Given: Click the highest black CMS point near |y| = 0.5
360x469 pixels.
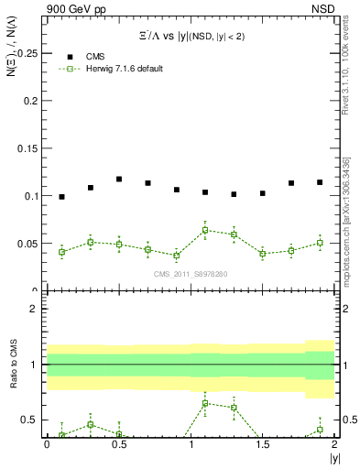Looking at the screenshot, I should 119,180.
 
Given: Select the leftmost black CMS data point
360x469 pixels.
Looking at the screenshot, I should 61,197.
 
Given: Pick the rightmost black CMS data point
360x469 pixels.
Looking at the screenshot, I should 320,182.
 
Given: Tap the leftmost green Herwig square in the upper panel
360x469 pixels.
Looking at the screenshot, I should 61,252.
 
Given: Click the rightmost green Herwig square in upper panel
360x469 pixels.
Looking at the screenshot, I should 320,243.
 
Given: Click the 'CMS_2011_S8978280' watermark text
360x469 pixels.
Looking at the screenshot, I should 190,274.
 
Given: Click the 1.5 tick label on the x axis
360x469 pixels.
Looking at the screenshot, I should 262,444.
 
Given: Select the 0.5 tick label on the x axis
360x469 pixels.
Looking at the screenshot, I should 118,444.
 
